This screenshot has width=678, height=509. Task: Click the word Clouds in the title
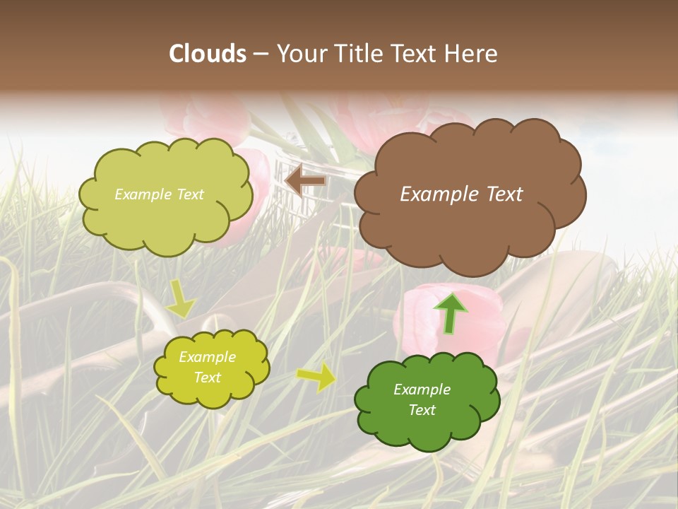coord(207,54)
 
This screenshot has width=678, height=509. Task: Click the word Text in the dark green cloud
coord(422,410)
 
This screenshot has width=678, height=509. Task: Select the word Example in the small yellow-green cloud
coord(207,357)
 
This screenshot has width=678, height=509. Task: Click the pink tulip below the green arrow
coord(424,325)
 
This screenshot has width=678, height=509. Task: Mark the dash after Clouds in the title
coord(260,54)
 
